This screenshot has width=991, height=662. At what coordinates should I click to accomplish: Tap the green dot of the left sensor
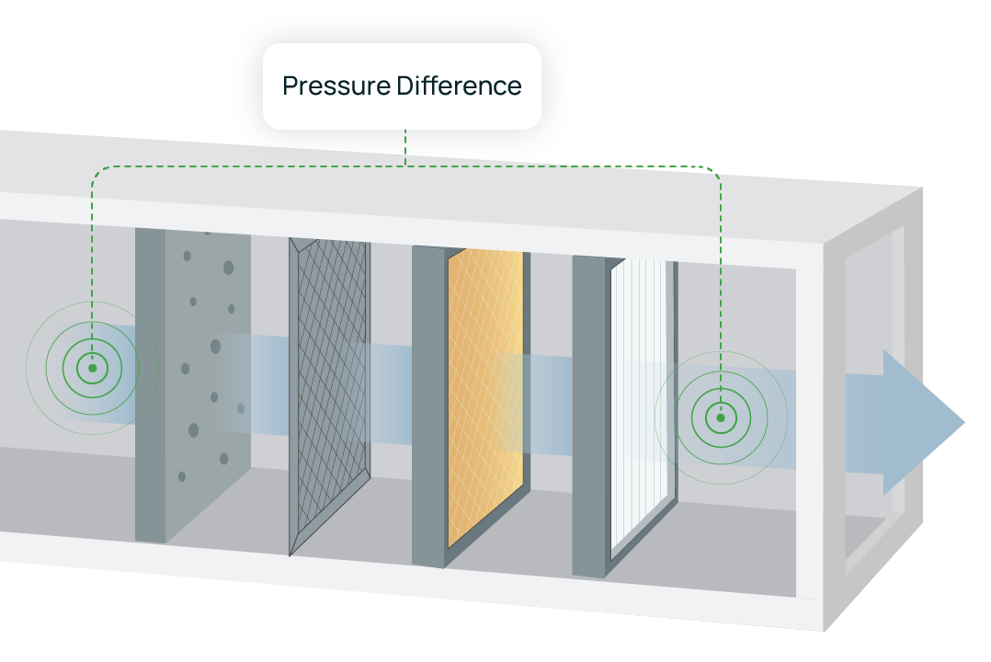[92, 368]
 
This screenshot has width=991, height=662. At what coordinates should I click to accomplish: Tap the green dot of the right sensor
[721, 417]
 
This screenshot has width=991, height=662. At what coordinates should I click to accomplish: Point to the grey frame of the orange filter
[428, 405]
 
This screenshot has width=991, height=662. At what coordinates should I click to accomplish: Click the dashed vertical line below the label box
[405, 147]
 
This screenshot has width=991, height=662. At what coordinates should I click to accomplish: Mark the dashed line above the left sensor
[92, 248]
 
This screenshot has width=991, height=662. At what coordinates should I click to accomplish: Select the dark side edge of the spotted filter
[150, 386]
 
